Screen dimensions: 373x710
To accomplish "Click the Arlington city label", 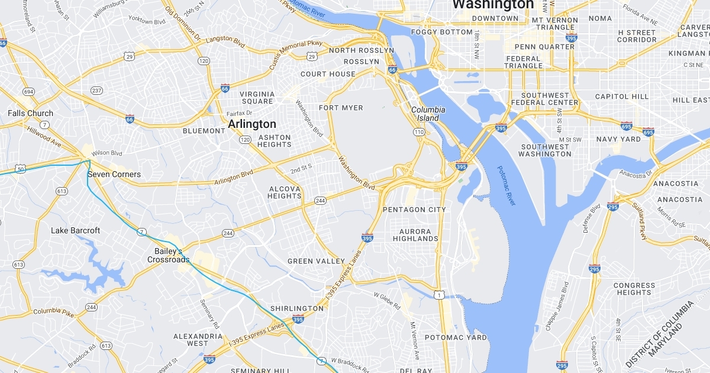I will point(252,124).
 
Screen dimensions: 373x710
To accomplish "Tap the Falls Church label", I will point(30,113).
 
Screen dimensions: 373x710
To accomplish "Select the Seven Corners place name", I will point(114,174).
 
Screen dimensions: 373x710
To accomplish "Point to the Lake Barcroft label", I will point(75,230).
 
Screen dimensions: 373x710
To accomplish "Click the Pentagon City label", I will point(414,210).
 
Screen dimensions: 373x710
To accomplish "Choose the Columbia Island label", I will point(428,114).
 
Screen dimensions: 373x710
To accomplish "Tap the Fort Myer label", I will point(341,108).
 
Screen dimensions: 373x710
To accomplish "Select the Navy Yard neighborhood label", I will point(618,139).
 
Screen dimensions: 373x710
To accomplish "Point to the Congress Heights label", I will point(634,289).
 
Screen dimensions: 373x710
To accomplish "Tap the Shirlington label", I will point(297,308).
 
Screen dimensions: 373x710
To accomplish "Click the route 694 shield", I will point(28,92).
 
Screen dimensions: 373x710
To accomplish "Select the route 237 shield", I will point(96,90).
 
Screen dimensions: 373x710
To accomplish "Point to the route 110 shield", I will point(419,131).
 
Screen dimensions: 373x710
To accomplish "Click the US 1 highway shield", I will point(438,294).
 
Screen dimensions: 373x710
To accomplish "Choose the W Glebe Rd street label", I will point(387,300).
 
